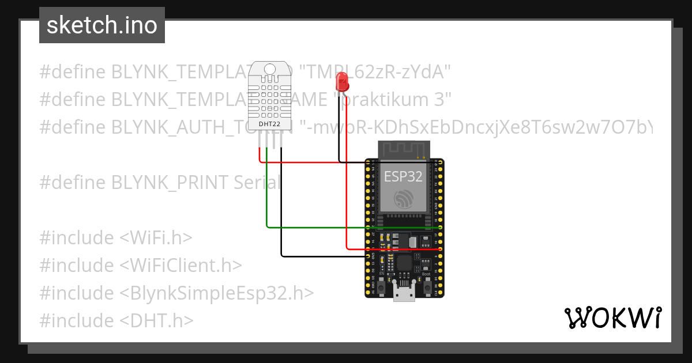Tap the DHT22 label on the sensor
click(x=270, y=122)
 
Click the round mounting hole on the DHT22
click(x=270, y=70)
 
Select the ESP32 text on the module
click(x=404, y=177)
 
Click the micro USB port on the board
click(x=404, y=293)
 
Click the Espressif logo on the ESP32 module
click(x=403, y=200)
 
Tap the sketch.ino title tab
click(x=102, y=25)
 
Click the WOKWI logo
click(x=612, y=317)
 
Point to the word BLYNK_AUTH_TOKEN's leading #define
click(x=73, y=127)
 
